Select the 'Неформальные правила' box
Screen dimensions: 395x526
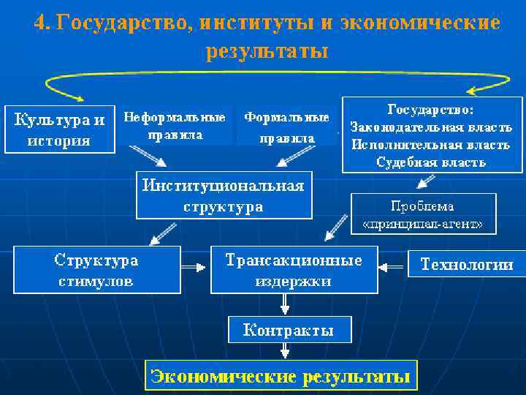pyautogui.click(x=175, y=126)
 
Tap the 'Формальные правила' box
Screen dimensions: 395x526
pyautogui.click(x=286, y=127)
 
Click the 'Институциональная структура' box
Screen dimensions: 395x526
pyautogui.click(x=223, y=195)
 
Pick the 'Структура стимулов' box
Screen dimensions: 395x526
pyautogui.click(x=96, y=270)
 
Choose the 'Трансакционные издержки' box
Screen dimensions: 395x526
pyautogui.click(x=294, y=270)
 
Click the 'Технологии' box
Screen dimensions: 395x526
pyautogui.click(x=465, y=265)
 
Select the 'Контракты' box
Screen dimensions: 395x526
pyautogui.click(x=289, y=330)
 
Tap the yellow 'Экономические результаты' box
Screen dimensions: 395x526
pyautogui.click(x=281, y=377)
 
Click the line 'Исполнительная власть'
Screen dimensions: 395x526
pyautogui.click(x=430, y=144)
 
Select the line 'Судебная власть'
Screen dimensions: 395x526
pyautogui.click(x=431, y=162)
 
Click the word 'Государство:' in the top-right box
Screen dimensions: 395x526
pyautogui.click(x=430, y=109)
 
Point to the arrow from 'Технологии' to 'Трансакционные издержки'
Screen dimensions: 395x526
pyautogui.click(x=393, y=265)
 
